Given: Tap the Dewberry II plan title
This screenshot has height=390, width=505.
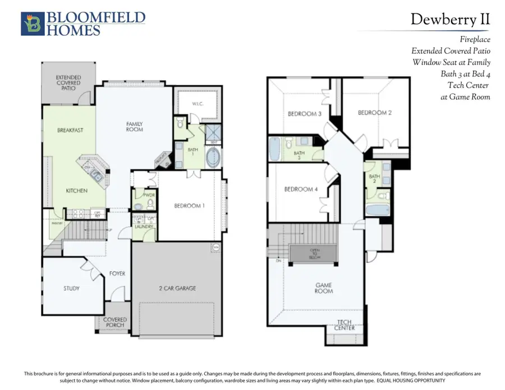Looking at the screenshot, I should [x=450, y=20].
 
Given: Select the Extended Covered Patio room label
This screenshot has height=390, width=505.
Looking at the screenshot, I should [x=68, y=82].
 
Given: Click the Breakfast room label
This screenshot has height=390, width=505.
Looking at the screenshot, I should [x=70, y=130].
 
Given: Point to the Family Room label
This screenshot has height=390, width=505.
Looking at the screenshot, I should [x=135, y=126].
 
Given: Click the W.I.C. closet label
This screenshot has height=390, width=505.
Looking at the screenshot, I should [x=197, y=103].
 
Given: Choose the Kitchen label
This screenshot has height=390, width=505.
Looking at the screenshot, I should [x=76, y=191].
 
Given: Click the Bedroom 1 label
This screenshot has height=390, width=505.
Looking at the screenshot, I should [x=189, y=205].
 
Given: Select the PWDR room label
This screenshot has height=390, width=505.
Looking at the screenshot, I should [x=149, y=195].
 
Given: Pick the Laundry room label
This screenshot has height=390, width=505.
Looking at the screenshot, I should [x=144, y=226].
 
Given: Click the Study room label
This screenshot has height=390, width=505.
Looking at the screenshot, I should [x=71, y=288].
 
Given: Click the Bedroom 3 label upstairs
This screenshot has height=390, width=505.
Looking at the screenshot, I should [x=305, y=114].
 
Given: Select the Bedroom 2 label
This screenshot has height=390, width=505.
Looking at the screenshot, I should [x=374, y=113].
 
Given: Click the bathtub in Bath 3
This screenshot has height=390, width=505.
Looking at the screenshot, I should [x=275, y=149].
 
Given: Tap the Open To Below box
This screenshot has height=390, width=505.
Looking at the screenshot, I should [x=314, y=254].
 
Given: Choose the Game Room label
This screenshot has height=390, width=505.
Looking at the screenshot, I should [x=324, y=288].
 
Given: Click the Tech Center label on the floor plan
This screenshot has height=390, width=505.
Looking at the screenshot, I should [x=345, y=325].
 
